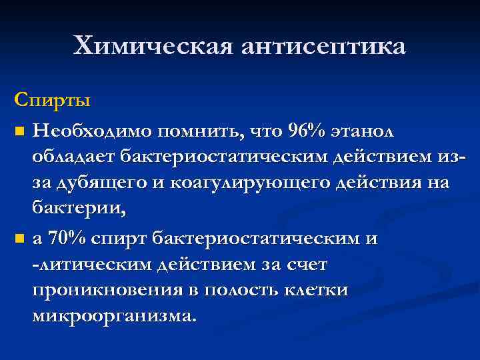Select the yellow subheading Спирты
[52, 102]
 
